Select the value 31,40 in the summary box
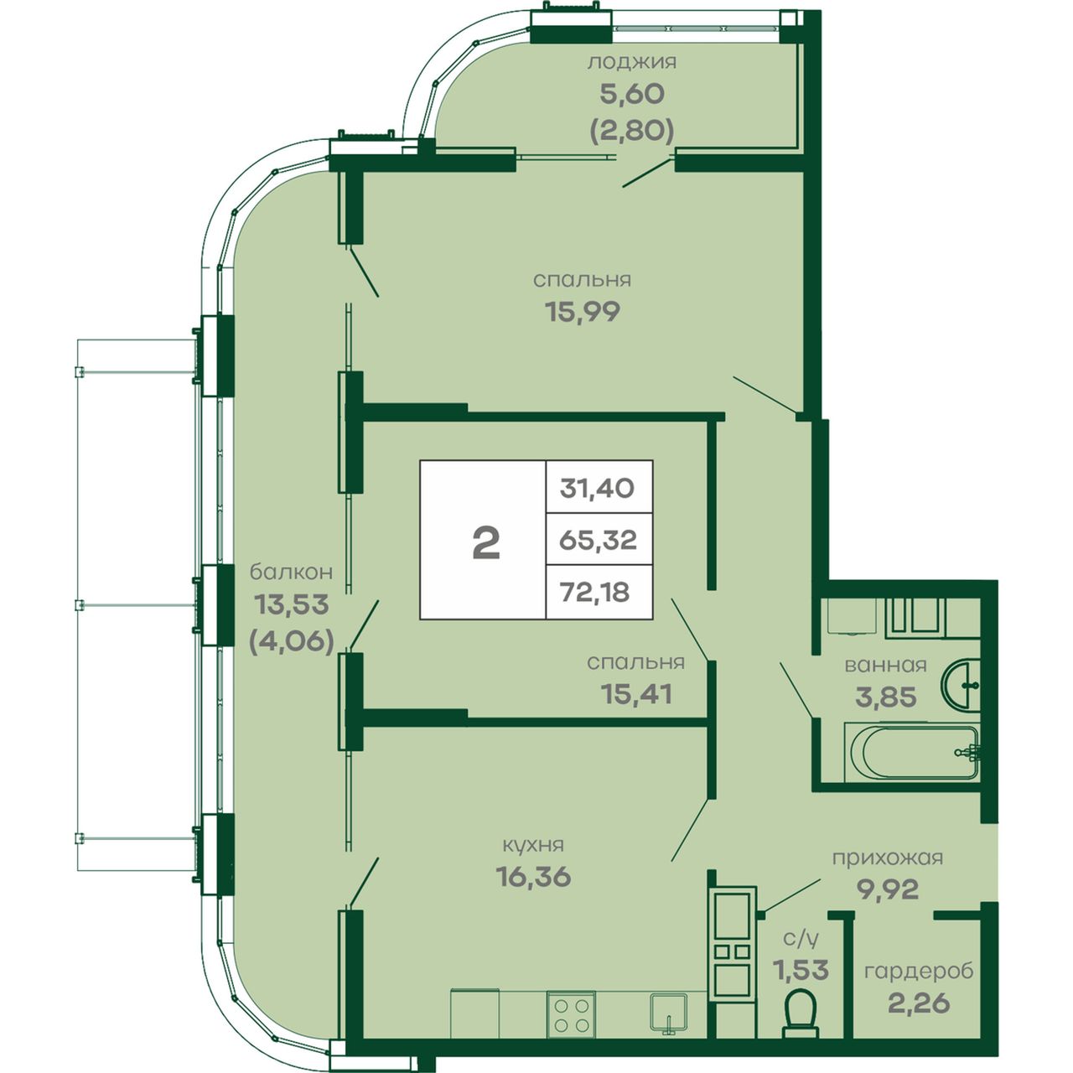pyautogui.click(x=597, y=489)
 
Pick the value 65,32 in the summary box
pyautogui.click(x=598, y=540)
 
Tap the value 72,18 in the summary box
pyautogui.click(x=595, y=591)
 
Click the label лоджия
pyautogui.click(x=632, y=62)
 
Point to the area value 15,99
pyautogui.click(x=582, y=312)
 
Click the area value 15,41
pyautogui.click(x=636, y=694)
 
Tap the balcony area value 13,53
pyautogui.click(x=292, y=604)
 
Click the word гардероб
pyautogui.click(x=919, y=971)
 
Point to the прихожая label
pyautogui.click(x=888, y=858)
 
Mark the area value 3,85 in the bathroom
pyautogui.click(x=886, y=697)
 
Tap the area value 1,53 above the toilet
pyautogui.click(x=801, y=970)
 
